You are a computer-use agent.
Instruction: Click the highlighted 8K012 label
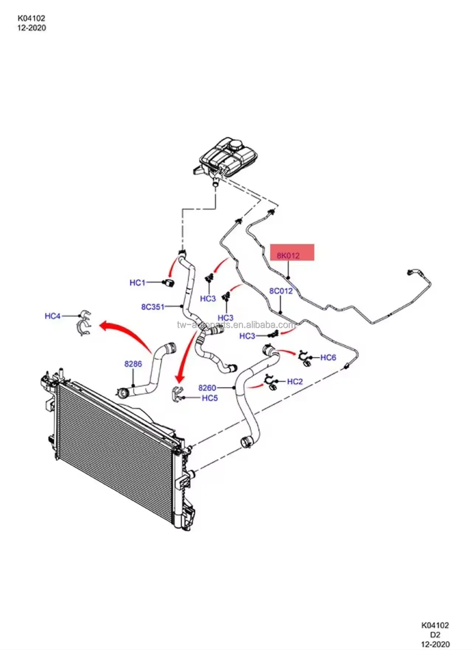[288, 255]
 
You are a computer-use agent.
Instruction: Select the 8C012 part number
[281, 291]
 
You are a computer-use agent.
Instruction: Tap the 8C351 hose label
[153, 306]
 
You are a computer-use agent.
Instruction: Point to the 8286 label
[133, 364]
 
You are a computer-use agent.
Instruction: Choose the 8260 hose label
[207, 388]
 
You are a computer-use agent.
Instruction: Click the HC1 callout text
[137, 283]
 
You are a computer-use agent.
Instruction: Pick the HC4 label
[52, 316]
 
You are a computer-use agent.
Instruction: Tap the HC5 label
[210, 398]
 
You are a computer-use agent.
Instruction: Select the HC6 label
[328, 357]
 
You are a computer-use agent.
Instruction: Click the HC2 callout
[294, 381]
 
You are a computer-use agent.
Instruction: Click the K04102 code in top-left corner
[31, 18]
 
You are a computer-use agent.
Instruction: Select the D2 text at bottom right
[435, 635]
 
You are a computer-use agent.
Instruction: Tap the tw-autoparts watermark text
[236, 325]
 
